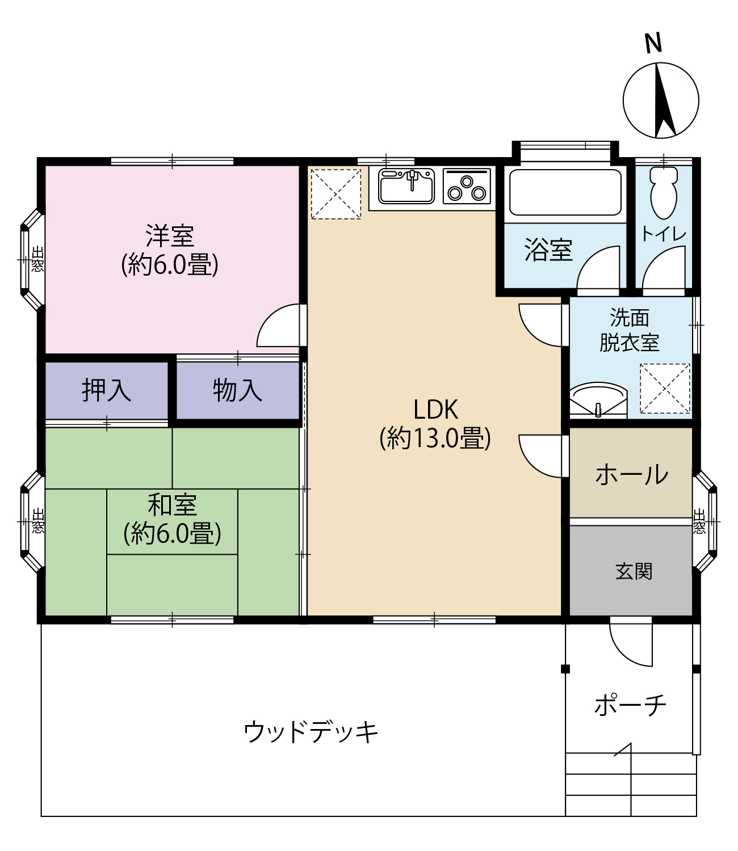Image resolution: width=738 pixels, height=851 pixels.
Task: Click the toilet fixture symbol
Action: pos(664,192)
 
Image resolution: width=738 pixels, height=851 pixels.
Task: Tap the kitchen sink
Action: pos(406,186)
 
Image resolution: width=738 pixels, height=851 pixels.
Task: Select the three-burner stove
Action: pos(467,186)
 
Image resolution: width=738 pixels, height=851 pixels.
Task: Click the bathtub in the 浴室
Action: pos(565,192)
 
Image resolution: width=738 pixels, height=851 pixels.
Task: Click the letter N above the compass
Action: pos(653,43)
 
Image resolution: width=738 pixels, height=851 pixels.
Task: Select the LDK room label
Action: pos(435,410)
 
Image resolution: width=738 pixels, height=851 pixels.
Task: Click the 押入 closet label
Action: pos(106,390)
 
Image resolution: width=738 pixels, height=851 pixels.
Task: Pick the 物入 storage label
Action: pos(238,390)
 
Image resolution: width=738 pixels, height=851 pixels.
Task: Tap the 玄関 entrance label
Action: pos(634,572)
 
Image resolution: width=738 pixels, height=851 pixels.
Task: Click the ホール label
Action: pos(632,475)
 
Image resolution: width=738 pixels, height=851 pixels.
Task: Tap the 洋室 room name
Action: pos(170,235)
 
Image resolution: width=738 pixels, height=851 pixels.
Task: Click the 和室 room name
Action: pos(172,505)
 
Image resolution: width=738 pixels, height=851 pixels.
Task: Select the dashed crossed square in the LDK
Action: pos(336,194)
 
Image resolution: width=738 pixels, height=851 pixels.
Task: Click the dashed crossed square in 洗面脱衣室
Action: pos(665,389)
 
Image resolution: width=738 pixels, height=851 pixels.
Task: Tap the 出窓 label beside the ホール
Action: pos(699,521)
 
